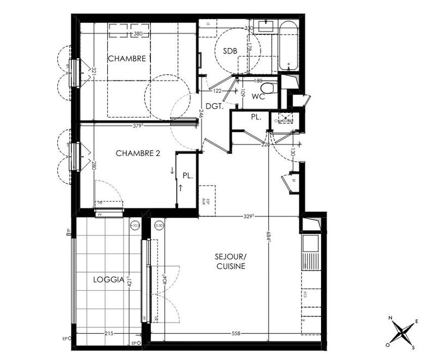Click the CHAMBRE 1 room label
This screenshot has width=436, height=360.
(x=129, y=59)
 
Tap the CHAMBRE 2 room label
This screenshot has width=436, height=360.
(x=138, y=154)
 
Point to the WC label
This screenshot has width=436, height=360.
(x=258, y=98)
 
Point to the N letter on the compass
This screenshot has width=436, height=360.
(x=390, y=318)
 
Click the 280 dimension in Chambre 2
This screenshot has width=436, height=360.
(x=94, y=165)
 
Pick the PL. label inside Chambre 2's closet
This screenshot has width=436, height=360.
(x=188, y=176)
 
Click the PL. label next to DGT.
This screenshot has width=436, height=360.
(x=256, y=117)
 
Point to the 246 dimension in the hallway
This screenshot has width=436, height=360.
(x=201, y=114)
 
